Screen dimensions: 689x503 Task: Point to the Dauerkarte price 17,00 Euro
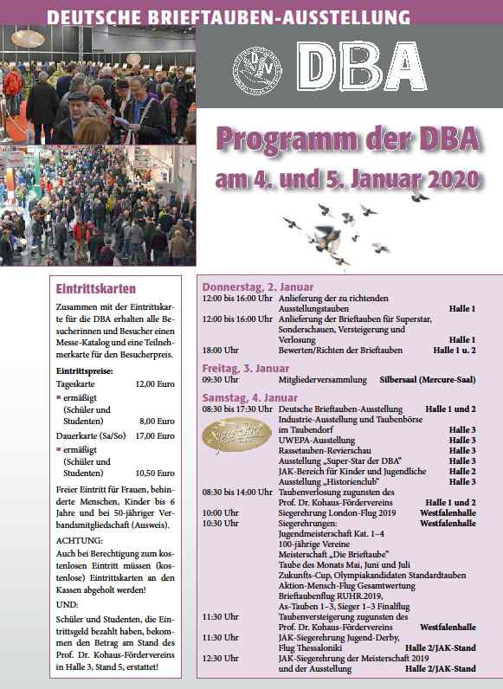point(153,435)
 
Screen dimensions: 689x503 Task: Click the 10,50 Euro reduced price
point(153,473)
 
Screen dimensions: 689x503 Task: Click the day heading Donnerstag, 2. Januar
point(258,287)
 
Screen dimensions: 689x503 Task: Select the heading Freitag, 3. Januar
point(246,368)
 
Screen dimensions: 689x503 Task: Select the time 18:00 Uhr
point(222,351)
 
